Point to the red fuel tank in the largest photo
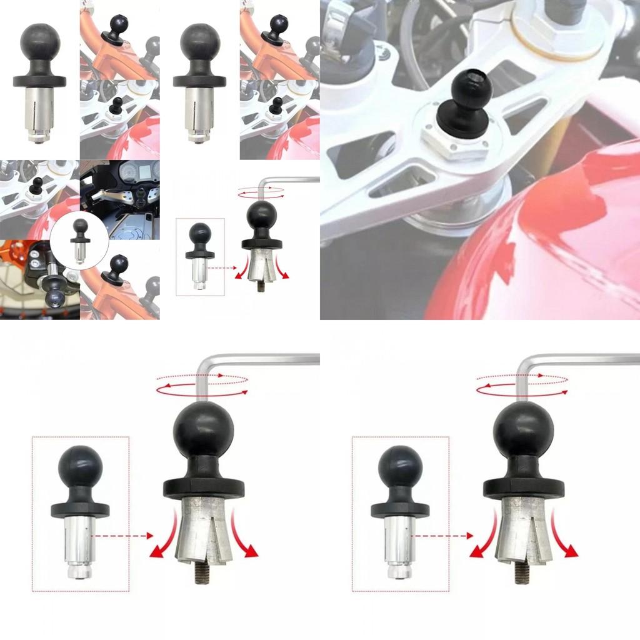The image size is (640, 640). tap(550, 237)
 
